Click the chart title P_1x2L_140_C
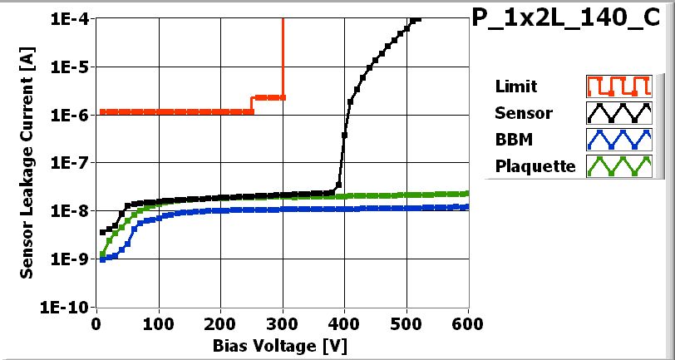(x=571, y=20)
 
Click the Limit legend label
(x=515, y=86)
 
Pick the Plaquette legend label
(x=535, y=166)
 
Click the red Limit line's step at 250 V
(x=252, y=104)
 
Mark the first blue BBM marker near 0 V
(x=102, y=259)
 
